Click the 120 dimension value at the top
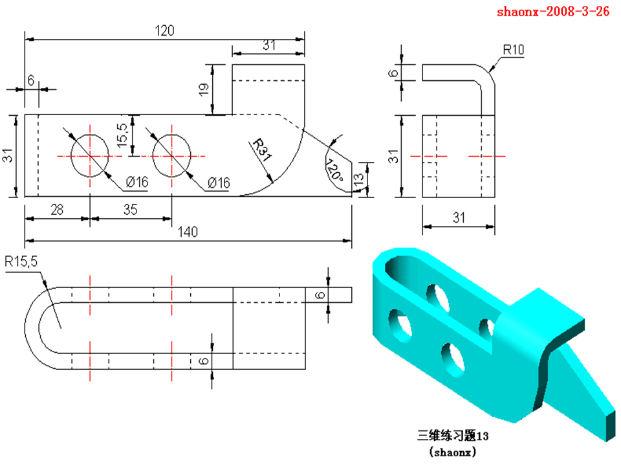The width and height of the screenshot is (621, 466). pos(165,30)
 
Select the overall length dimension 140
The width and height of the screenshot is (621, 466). pos(188,232)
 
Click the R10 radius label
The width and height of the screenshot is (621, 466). pos(514,49)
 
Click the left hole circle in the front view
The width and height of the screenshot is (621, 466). pos(90,156)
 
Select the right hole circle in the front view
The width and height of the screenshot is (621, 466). pos(172,156)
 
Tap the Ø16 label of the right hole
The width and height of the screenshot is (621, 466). pos(219,184)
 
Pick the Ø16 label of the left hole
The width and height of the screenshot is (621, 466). pos(137,184)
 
